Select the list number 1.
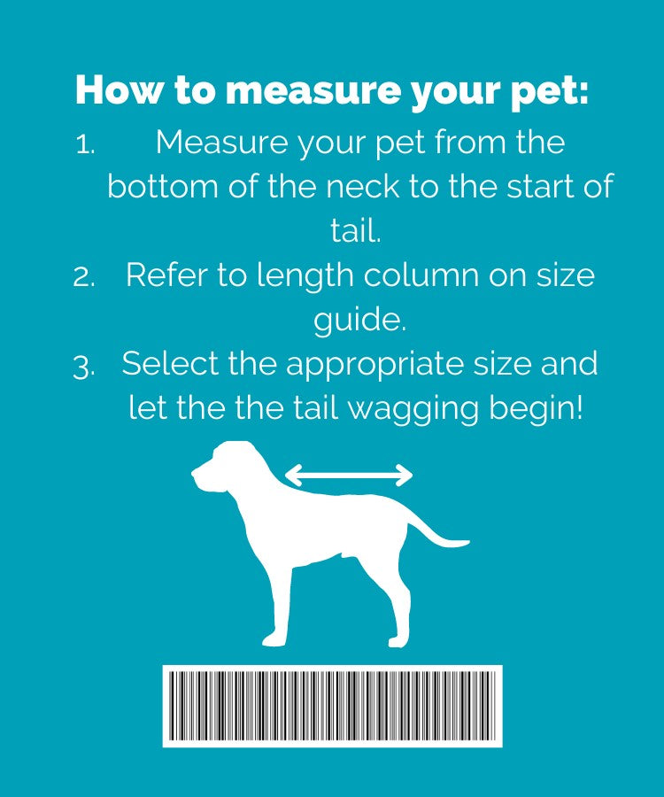[x=85, y=145]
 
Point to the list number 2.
[x=84, y=277]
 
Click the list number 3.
[x=84, y=367]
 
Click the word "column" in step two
[x=421, y=275]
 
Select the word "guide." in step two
[x=359, y=321]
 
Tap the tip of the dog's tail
[x=467, y=543]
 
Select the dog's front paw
[x=274, y=638]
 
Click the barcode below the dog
[x=332, y=706]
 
